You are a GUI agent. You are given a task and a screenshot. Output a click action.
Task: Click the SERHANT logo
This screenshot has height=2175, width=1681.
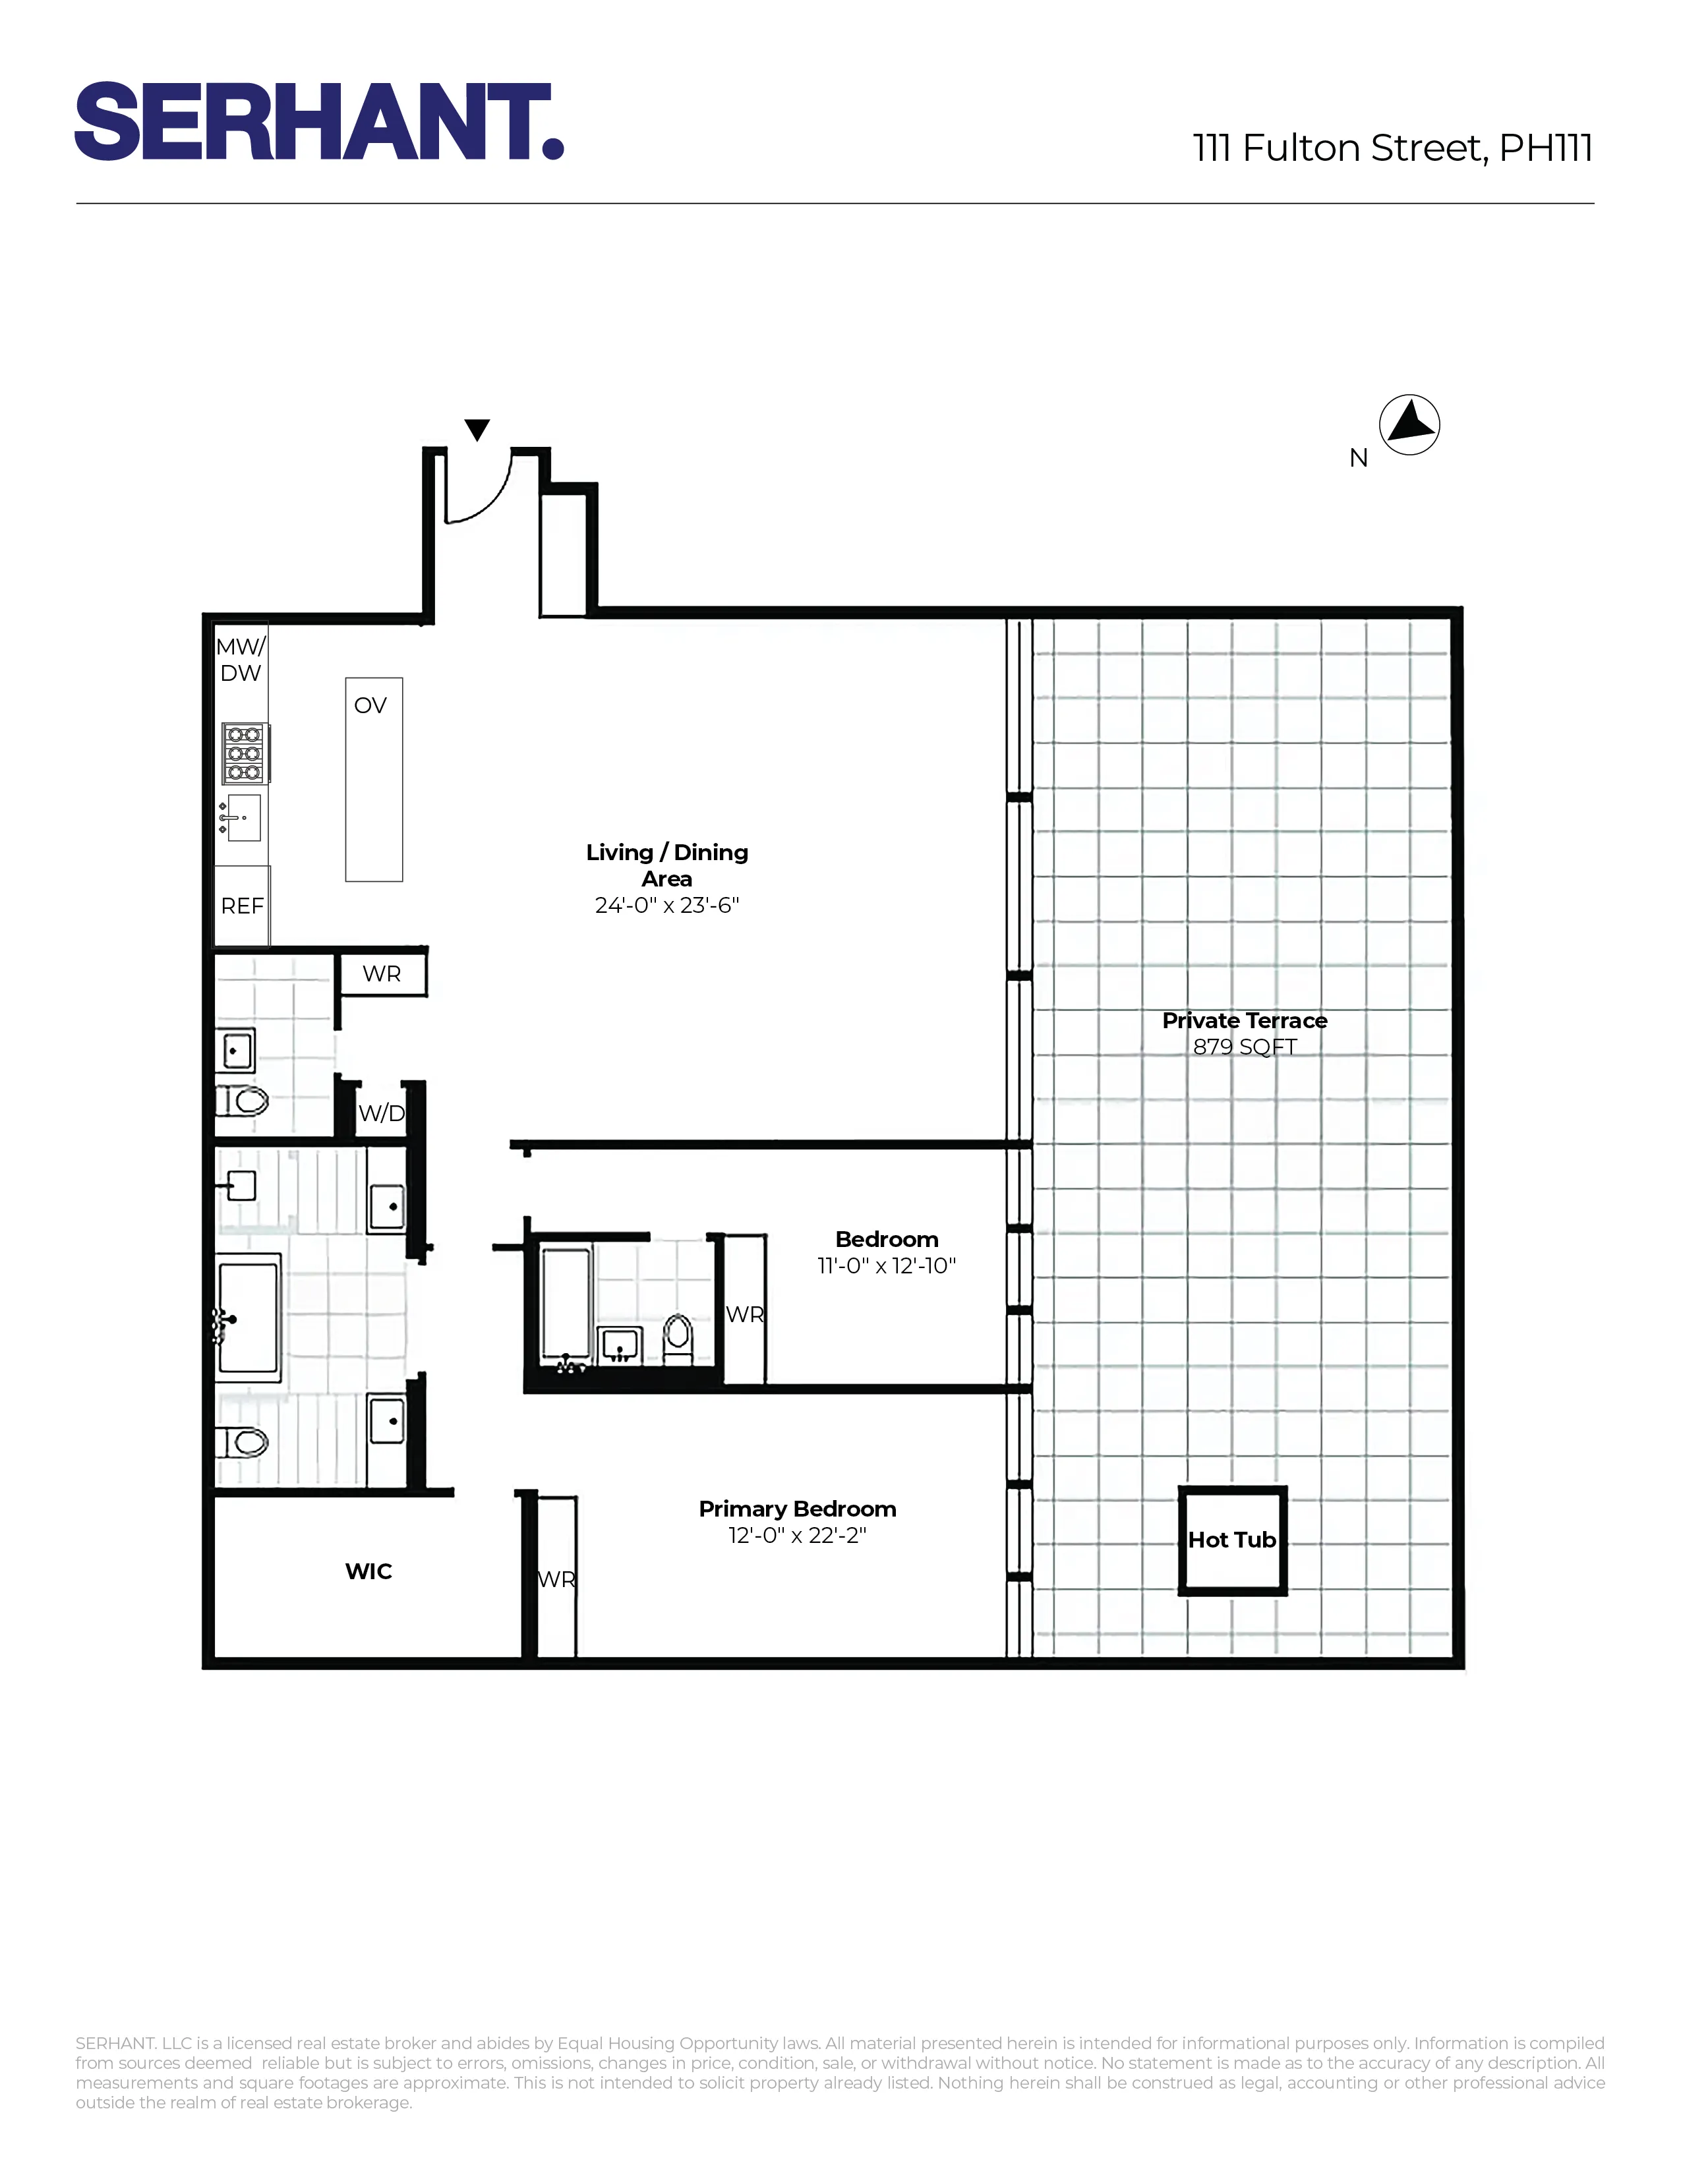click(x=318, y=121)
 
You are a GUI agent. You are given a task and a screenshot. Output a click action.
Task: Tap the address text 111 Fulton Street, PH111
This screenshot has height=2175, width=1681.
click(x=1392, y=148)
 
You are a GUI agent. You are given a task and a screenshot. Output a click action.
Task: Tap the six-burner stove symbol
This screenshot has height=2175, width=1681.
click(x=244, y=753)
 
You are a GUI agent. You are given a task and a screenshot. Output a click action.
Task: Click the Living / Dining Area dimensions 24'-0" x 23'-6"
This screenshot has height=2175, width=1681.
click(x=666, y=905)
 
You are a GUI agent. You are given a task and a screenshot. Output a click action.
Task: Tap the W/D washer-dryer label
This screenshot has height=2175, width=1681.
click(x=382, y=1113)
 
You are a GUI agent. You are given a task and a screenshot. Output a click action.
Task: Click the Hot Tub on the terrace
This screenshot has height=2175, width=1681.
click(x=1232, y=1540)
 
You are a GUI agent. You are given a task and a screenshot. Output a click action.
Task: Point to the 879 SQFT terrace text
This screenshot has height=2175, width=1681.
click(x=1245, y=1047)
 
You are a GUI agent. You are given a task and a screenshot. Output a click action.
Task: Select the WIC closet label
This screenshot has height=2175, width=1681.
click(x=369, y=1571)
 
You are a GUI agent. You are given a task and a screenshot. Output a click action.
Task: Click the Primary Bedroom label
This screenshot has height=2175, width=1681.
click(x=797, y=1509)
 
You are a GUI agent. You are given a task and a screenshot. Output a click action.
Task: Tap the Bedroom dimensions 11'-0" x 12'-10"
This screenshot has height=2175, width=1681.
click(x=886, y=1265)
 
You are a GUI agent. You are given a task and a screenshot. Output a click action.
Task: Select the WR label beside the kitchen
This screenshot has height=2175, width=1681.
click(x=382, y=974)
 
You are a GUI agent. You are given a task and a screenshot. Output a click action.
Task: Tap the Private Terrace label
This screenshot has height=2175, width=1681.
click(x=1245, y=1021)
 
